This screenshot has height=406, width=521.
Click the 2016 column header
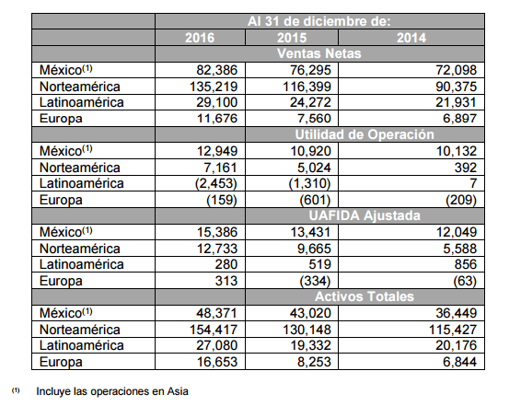coord(200,38)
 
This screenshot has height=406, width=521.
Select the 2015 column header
coord(292,38)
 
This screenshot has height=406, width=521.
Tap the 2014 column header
coord(411,38)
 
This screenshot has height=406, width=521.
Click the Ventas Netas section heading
coord(319,53)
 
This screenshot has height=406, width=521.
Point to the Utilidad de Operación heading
coord(365,134)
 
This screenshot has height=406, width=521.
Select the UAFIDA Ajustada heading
coord(365,215)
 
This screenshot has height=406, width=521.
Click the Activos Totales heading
coord(365,296)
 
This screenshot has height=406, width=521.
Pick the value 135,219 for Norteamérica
coord(214,87)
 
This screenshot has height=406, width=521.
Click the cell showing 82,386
coord(216,70)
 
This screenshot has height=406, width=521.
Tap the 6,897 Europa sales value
coord(460,118)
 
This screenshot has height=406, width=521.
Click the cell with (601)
coord(315,200)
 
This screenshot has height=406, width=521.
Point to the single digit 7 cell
coord(473,183)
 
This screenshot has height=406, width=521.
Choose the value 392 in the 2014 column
coord(466,168)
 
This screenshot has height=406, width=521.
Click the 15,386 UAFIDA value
coord(217,232)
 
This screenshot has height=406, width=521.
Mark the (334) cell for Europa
coord(315,281)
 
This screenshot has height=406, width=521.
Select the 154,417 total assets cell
coord(214,330)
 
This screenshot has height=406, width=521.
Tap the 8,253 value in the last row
coord(314,362)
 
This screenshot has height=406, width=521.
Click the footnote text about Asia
coord(112,391)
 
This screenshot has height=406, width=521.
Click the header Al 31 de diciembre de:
coord(319,21)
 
